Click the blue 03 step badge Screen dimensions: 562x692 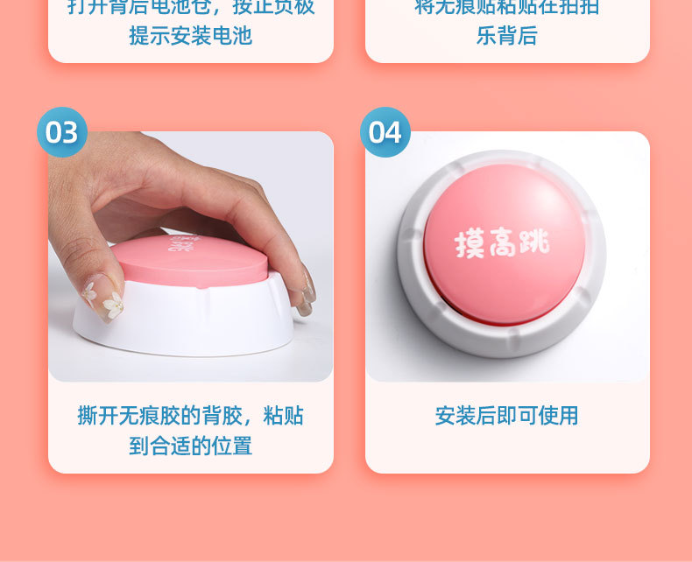(62, 132)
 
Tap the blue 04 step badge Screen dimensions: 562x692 (385, 132)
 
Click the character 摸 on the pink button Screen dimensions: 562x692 (470, 244)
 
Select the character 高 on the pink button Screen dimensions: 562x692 (504, 242)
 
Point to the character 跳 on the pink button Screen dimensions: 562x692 (535, 239)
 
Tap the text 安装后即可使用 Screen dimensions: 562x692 (507, 415)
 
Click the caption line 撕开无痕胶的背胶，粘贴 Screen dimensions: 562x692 (190, 415)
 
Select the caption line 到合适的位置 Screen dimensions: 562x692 (190, 446)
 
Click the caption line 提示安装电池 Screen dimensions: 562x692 (190, 36)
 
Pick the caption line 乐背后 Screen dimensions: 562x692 (507, 36)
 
